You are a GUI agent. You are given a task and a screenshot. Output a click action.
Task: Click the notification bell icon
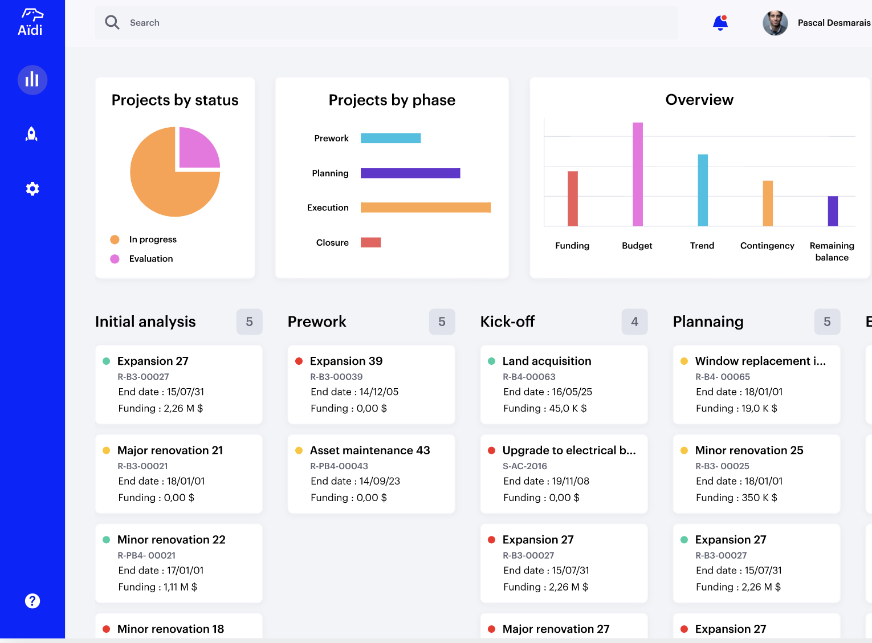point(720,23)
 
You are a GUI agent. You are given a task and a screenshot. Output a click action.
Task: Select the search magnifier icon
point(112,23)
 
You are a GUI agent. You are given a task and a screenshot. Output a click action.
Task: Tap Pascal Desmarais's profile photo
point(775,23)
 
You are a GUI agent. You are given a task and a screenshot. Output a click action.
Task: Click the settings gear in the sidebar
point(32,189)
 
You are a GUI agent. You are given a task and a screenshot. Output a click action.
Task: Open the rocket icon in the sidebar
point(32,134)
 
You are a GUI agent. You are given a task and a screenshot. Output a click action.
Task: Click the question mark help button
point(32,601)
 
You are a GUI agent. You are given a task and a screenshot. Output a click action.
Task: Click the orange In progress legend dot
point(115,239)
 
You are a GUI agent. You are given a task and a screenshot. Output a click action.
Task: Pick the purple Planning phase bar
point(410,173)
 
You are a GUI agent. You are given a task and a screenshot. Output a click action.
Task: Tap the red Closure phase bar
point(370,243)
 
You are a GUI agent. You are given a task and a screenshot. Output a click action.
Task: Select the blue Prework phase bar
point(390,138)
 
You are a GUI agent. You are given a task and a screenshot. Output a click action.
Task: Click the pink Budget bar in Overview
point(638,174)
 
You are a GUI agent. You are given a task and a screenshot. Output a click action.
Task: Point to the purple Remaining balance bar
point(833,211)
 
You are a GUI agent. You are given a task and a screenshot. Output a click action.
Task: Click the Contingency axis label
point(767,246)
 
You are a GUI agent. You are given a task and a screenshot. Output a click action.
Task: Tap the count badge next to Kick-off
point(634,322)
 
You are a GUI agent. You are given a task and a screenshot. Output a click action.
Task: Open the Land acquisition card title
point(547,361)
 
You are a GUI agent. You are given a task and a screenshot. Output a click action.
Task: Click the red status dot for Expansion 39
point(299,361)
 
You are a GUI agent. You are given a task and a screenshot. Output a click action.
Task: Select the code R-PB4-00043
point(339,466)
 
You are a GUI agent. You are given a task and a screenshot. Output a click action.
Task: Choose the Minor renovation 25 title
point(749,450)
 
